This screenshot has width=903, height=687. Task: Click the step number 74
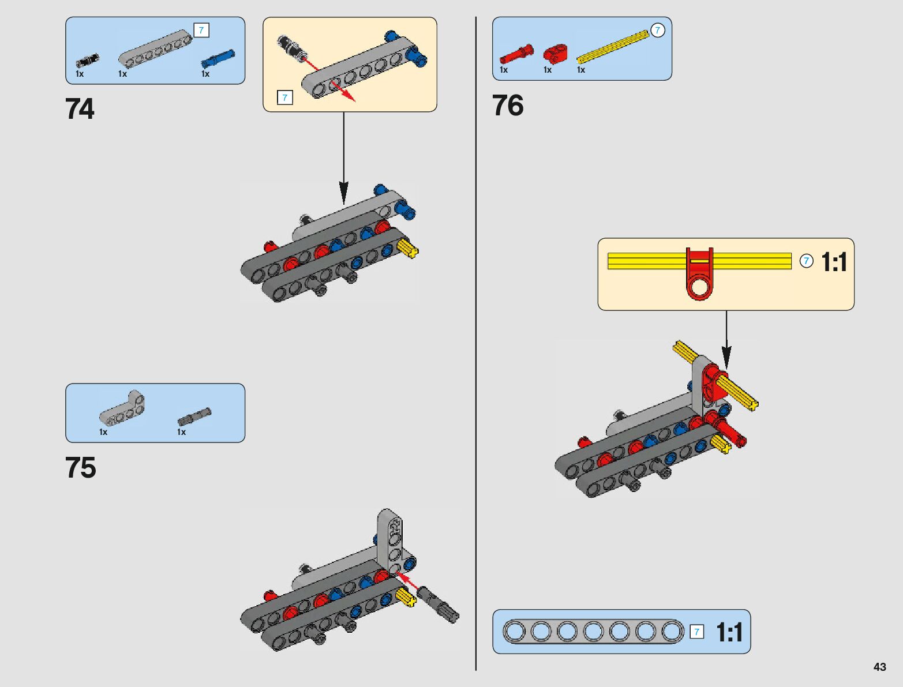[x=80, y=109]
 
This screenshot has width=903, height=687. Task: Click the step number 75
[x=80, y=468]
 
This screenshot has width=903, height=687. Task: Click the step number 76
[x=508, y=106]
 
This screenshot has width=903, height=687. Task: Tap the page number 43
[x=879, y=667]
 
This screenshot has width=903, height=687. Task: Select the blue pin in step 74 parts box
[x=218, y=58]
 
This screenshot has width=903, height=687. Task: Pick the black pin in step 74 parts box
[x=88, y=60]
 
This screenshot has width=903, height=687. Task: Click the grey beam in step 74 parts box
[x=155, y=50]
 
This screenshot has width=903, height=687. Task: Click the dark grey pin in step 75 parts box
[x=194, y=416]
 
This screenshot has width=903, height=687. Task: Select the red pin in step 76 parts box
[x=516, y=54]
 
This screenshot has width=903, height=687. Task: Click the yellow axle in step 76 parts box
[x=613, y=47]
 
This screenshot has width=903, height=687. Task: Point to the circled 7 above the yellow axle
[x=657, y=30]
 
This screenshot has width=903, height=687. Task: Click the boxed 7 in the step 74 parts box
[x=201, y=30]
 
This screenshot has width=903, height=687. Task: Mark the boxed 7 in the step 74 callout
[x=284, y=97]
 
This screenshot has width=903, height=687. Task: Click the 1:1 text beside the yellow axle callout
[x=834, y=262]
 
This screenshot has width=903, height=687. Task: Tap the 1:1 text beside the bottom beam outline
[x=729, y=632]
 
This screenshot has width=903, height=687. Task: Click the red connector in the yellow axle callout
[x=699, y=275]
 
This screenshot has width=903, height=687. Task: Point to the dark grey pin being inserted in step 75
[x=438, y=603]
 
